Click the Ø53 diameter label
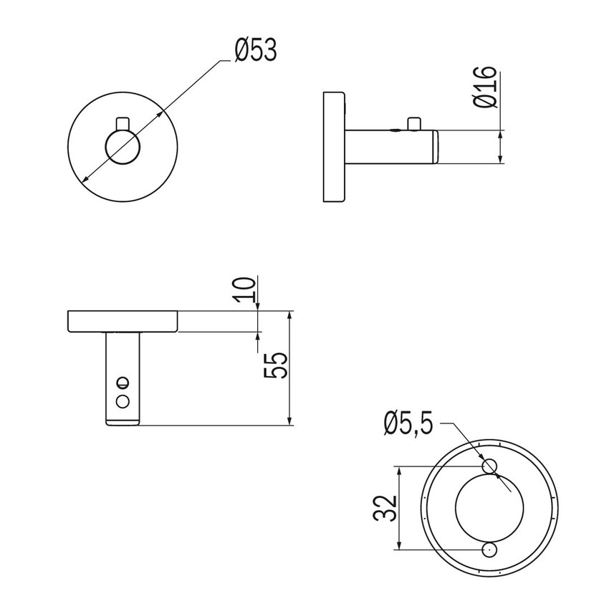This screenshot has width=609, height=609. (x=255, y=52)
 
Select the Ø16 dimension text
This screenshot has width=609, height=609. (x=485, y=87)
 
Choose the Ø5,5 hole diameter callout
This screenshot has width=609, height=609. (x=408, y=424)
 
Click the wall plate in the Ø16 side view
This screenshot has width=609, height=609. (x=334, y=148)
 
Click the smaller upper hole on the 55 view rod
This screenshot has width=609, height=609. (x=123, y=382)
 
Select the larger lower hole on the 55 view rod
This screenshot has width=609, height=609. (x=123, y=399)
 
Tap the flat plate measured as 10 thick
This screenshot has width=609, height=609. (x=123, y=322)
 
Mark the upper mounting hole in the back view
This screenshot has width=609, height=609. (x=489, y=467)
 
